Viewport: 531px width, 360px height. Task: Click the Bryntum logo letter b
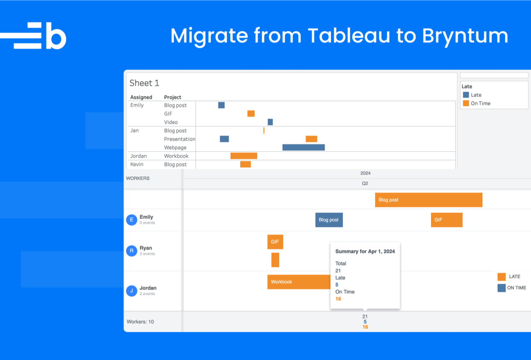click(x=56, y=36)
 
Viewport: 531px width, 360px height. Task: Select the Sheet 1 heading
click(x=144, y=83)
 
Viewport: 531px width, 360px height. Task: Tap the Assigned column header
click(x=141, y=97)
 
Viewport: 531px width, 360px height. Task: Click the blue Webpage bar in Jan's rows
click(x=303, y=147)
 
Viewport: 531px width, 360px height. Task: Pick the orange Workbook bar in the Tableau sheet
click(x=244, y=156)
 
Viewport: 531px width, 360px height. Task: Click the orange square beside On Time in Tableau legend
click(x=466, y=103)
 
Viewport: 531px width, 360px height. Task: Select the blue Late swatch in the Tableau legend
click(x=466, y=95)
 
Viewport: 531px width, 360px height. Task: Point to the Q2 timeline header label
click(x=365, y=183)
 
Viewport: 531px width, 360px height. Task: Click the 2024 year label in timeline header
click(x=365, y=173)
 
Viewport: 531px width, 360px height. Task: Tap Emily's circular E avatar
click(x=131, y=220)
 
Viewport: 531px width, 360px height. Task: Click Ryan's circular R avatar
click(x=131, y=251)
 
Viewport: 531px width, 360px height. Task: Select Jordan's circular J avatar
click(x=131, y=291)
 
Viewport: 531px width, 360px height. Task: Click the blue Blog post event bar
click(x=329, y=220)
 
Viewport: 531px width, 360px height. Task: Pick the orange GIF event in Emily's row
click(x=447, y=220)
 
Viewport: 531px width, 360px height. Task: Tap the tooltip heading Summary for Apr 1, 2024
click(x=365, y=252)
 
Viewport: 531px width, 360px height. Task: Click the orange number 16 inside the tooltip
click(x=338, y=299)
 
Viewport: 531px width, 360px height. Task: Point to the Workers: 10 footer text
click(x=140, y=321)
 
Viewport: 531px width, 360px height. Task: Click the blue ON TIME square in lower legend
click(x=501, y=288)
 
